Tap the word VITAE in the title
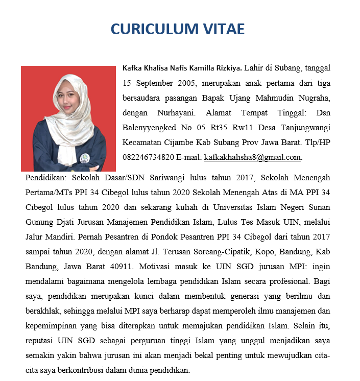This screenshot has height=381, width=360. click(x=226, y=29)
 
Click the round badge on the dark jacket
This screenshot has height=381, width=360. click(x=84, y=157)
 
